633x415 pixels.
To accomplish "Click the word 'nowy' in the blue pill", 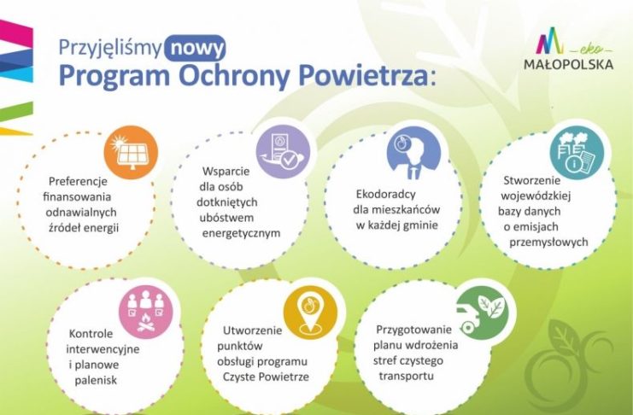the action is pyautogui.click(x=196, y=49).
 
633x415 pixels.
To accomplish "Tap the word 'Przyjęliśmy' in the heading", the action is pyautogui.click(x=110, y=48).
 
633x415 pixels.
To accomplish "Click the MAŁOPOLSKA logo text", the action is pyautogui.click(x=568, y=64).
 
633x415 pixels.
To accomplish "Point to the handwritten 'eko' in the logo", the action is pyautogui.click(x=592, y=50).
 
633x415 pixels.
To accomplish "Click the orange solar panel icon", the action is pyautogui.click(x=131, y=152).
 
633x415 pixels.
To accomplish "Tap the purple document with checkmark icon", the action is pyautogui.click(x=284, y=151).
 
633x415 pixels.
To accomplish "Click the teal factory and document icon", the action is pyautogui.click(x=577, y=153).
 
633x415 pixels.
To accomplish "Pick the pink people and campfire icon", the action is pyautogui.click(x=146, y=311).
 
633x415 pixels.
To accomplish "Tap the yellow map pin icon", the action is pyautogui.click(x=310, y=313).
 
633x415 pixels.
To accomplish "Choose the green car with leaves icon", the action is pyautogui.click(x=482, y=313).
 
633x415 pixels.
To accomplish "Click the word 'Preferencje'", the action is pyautogui.click(x=78, y=181).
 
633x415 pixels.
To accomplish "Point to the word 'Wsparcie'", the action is pyautogui.click(x=226, y=171).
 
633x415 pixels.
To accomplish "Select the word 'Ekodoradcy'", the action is pyautogui.click(x=385, y=194).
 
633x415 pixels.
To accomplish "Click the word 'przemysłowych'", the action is pyautogui.click(x=548, y=243).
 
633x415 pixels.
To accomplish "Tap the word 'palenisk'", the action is pyautogui.click(x=96, y=380).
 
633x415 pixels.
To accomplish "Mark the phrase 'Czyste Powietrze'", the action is pyautogui.click(x=266, y=377).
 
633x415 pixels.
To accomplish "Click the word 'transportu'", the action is pyautogui.click(x=406, y=376).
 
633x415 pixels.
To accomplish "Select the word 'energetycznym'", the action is pyautogui.click(x=241, y=233).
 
